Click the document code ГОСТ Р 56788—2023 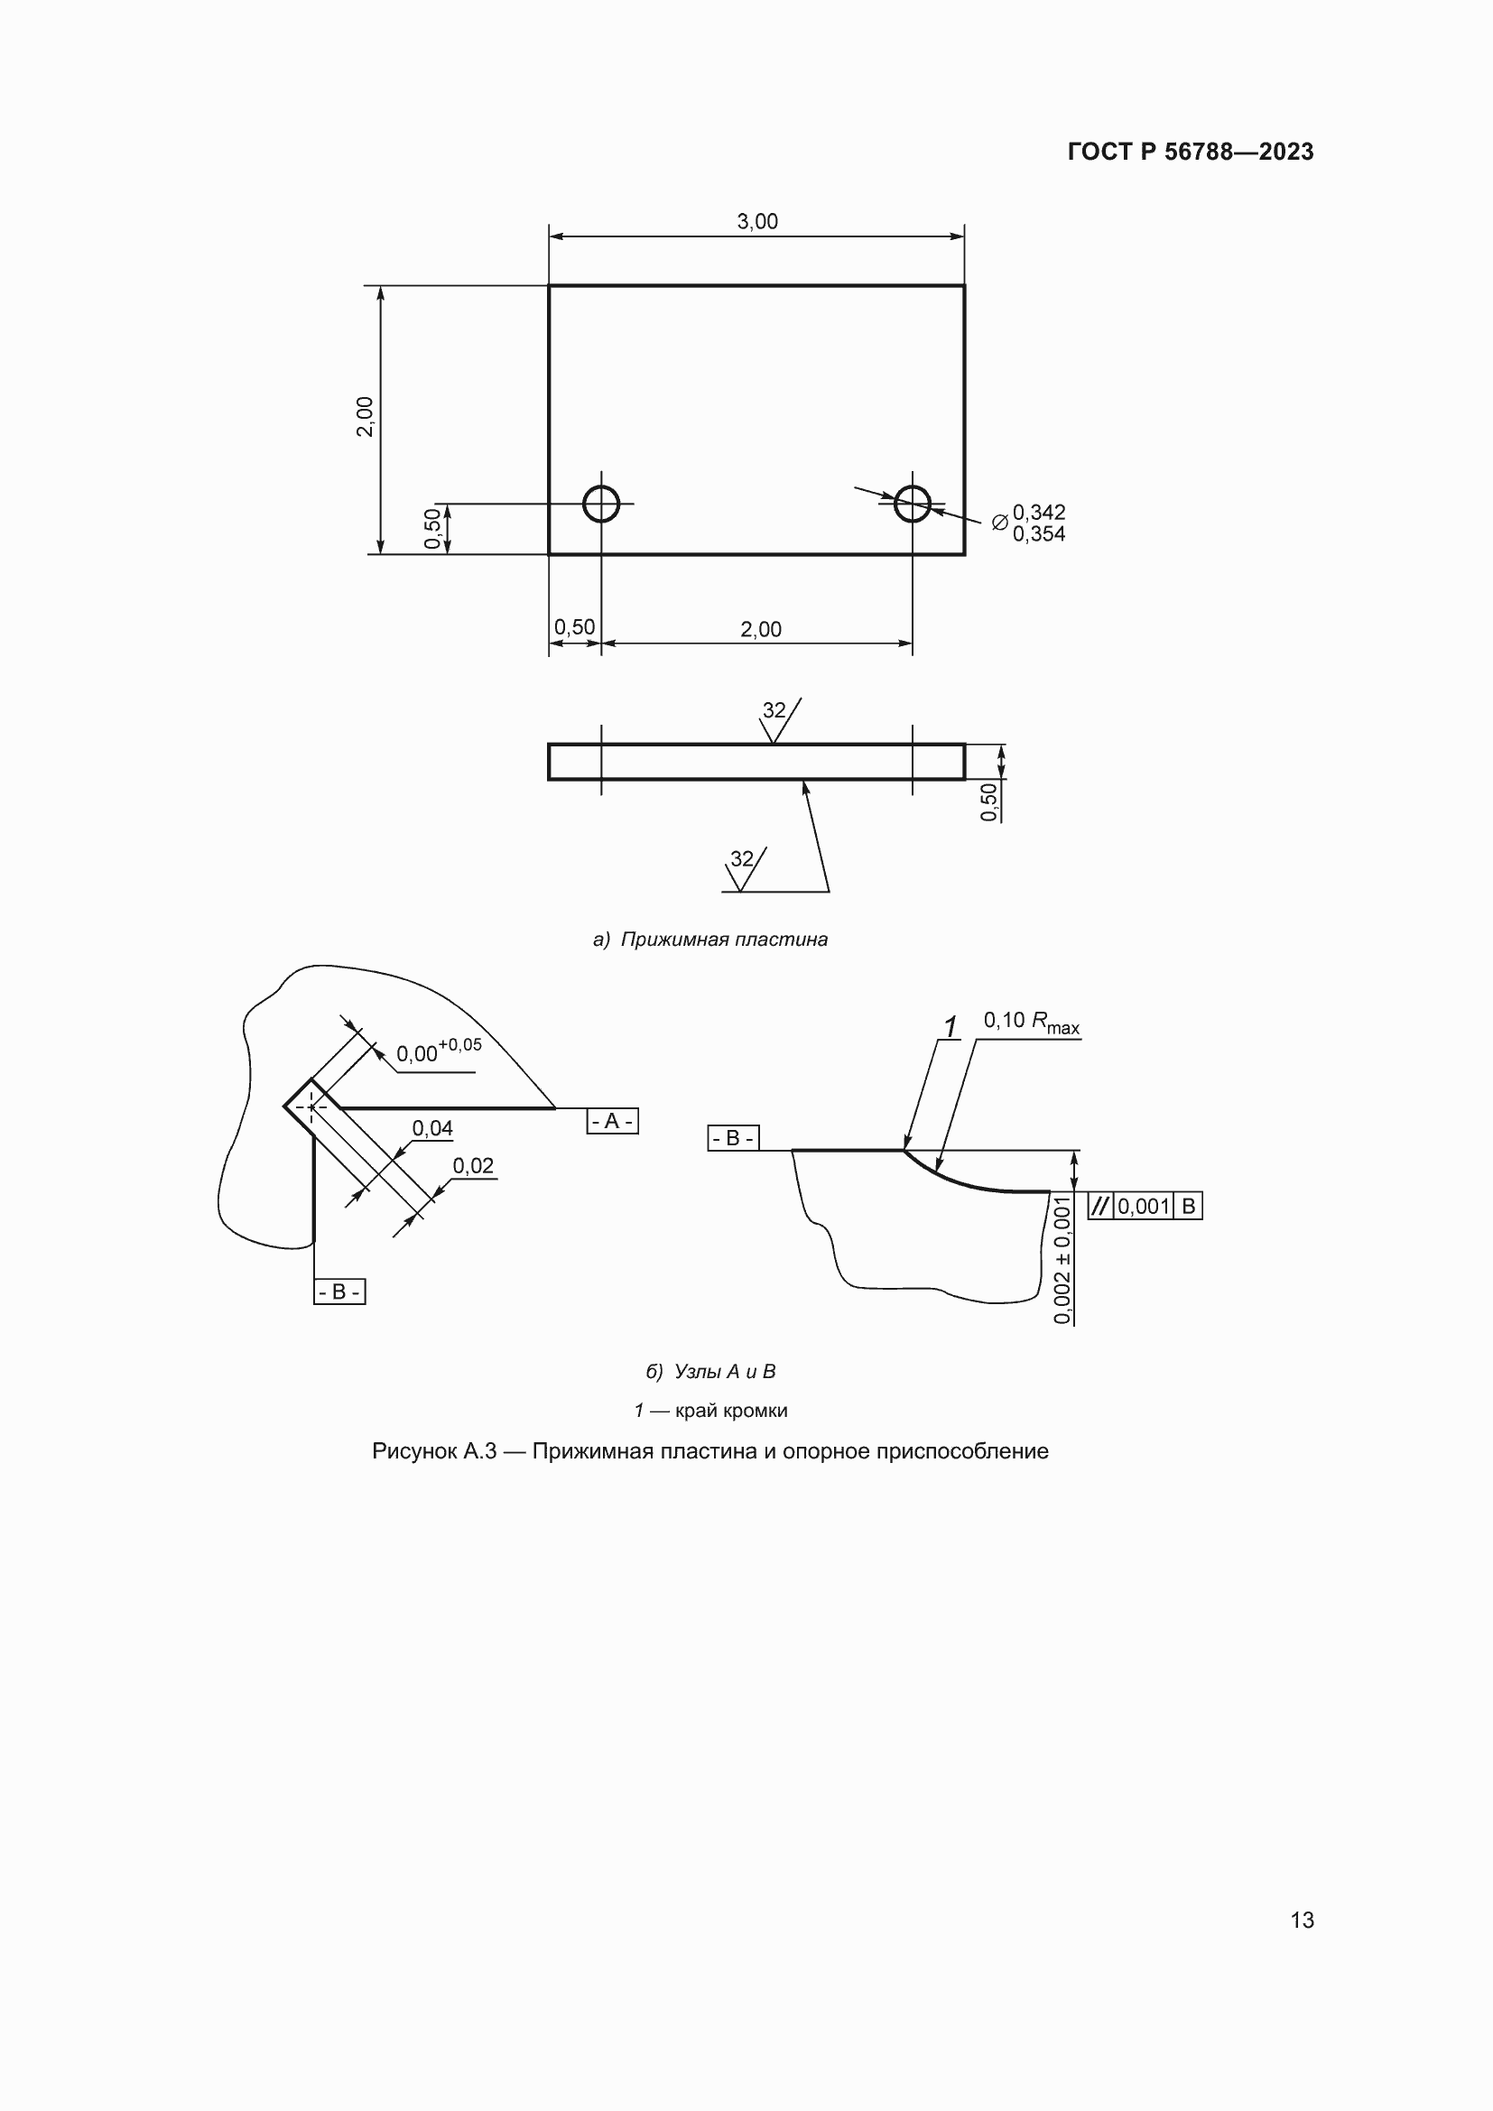click(1191, 152)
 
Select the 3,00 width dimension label click(757, 222)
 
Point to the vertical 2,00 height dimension click(365, 416)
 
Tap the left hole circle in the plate click(601, 504)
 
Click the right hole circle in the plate click(913, 504)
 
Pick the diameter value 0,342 click(1039, 512)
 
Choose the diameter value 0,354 click(1039, 534)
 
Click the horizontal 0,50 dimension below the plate click(575, 627)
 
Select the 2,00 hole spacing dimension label click(761, 630)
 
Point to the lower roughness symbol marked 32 click(745, 868)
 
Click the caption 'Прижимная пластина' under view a click(725, 940)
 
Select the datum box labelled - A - click(612, 1122)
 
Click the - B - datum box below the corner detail click(339, 1292)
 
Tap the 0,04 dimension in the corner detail click(432, 1128)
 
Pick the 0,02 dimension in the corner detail click(474, 1166)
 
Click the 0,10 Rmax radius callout click(1032, 1023)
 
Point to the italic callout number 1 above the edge click(951, 1025)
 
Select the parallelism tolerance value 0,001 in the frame click(1144, 1207)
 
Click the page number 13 click(1303, 1921)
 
